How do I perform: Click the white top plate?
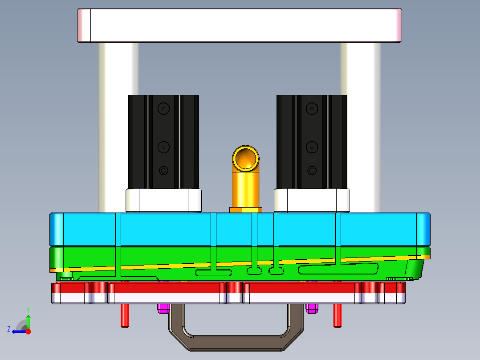click(240, 25)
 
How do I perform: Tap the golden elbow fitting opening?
click(245, 158)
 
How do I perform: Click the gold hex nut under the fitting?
click(245, 209)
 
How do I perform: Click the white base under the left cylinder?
click(163, 200)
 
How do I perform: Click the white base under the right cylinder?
click(312, 200)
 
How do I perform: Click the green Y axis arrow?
click(28, 320)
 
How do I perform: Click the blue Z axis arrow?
click(17, 331)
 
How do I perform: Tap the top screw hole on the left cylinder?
click(164, 108)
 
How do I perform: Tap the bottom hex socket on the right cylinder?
click(312, 170)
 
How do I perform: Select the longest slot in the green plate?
click(338, 269)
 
